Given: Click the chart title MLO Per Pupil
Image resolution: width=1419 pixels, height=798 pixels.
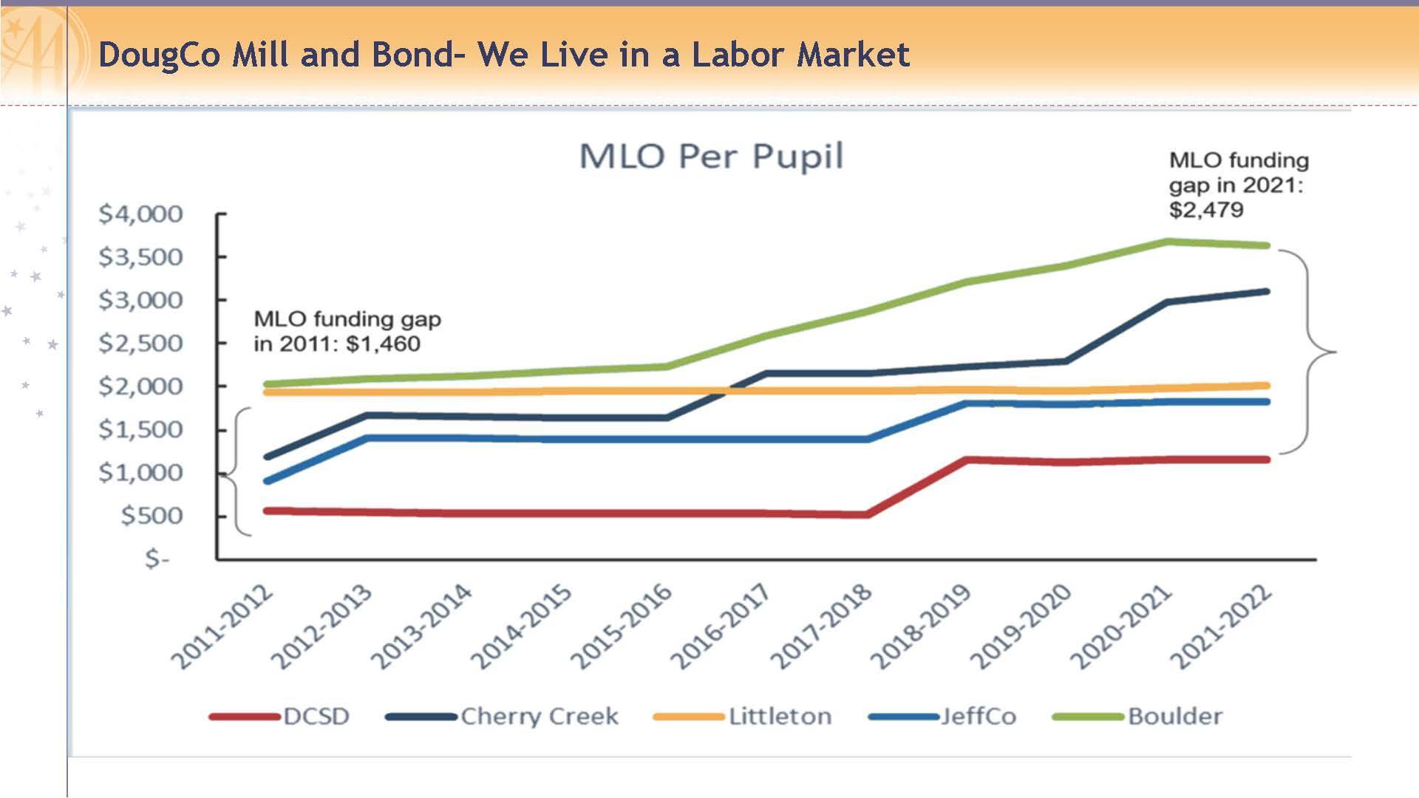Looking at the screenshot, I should pyautogui.click(x=711, y=157).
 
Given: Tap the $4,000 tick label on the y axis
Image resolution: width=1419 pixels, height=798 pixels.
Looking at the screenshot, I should pyautogui.click(x=140, y=214).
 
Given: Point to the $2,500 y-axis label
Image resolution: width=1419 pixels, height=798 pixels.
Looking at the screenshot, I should pyautogui.click(x=140, y=344).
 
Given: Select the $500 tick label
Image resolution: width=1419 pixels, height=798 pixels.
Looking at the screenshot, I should pyautogui.click(x=152, y=516).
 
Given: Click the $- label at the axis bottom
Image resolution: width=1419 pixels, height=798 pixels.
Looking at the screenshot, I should pyautogui.click(x=157, y=559).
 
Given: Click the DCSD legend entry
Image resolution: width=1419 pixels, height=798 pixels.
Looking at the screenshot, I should pyautogui.click(x=316, y=717).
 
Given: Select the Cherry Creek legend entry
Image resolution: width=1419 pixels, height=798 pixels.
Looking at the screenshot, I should pyautogui.click(x=539, y=717).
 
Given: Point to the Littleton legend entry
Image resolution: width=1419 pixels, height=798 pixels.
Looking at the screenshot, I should pyautogui.click(x=780, y=717).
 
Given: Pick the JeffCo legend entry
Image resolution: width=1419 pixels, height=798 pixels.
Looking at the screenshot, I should pyautogui.click(x=978, y=717).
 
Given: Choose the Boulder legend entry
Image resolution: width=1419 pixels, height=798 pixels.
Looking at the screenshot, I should pyautogui.click(x=1175, y=717).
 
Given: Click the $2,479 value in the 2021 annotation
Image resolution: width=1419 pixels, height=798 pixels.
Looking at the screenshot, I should pyautogui.click(x=1206, y=210).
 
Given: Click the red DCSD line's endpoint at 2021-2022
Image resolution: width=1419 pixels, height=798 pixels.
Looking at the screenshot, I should pyautogui.click(x=1267, y=460).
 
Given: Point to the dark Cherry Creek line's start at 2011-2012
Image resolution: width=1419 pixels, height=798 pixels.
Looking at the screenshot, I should pyautogui.click(x=266, y=457).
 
